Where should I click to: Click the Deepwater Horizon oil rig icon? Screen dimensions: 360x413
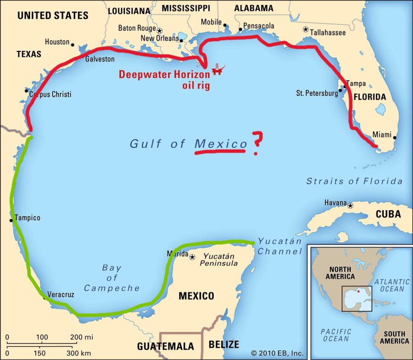[x=218, y=70]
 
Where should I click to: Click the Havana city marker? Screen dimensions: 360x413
[x=351, y=205]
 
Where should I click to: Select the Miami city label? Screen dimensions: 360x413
[x=382, y=135]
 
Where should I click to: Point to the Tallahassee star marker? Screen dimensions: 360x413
[x=306, y=29]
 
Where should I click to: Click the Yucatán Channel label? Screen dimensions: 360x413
[x=279, y=246]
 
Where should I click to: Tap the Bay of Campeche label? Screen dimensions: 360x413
[x=112, y=278]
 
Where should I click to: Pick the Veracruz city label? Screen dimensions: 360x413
[x=61, y=294]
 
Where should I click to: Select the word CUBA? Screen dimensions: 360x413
[x=388, y=214]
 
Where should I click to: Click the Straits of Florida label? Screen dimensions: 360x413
[x=354, y=181]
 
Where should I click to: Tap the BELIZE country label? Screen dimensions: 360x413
[x=224, y=344]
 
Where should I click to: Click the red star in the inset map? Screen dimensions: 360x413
[x=358, y=292]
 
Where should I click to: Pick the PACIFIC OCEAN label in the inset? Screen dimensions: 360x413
[x=336, y=335]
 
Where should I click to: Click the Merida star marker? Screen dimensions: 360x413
[x=192, y=257]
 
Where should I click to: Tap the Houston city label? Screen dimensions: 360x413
[x=57, y=42]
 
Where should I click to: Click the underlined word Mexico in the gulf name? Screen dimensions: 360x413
[x=221, y=144]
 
